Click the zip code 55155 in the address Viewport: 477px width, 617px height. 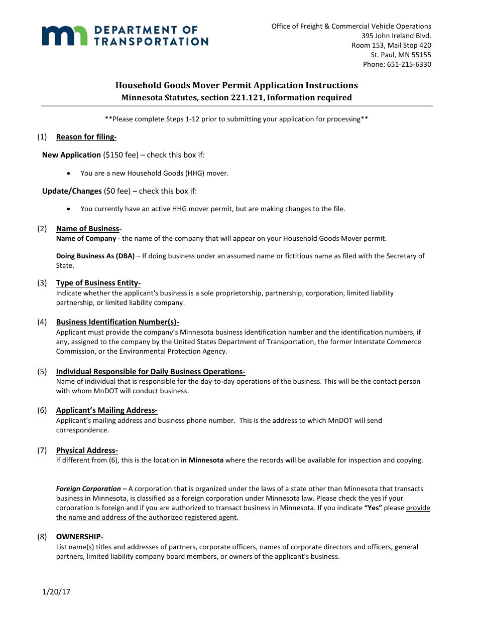point(420,55)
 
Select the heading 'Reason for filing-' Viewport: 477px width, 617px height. point(86,137)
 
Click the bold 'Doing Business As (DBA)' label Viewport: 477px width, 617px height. point(95,256)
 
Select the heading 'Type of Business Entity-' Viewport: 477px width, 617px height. point(98,283)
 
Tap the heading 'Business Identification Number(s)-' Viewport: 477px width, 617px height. point(117,322)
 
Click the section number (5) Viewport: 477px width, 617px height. point(42,372)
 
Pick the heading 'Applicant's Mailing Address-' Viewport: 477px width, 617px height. point(107,410)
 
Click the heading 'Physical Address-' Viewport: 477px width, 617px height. point(87,450)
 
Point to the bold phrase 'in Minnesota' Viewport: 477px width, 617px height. point(202,460)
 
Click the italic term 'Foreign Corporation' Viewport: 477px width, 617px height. point(88,489)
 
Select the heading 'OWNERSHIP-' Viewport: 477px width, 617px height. point(80,537)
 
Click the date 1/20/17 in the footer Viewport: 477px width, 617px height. point(56,592)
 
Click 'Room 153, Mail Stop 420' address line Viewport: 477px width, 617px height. point(391,45)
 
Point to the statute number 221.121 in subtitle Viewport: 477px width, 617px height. point(246,98)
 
